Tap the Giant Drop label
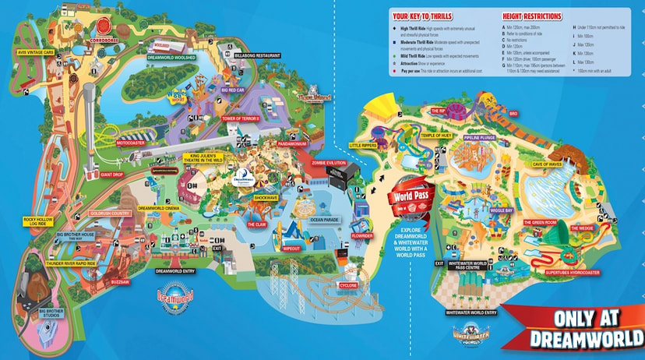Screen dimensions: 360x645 112,175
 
